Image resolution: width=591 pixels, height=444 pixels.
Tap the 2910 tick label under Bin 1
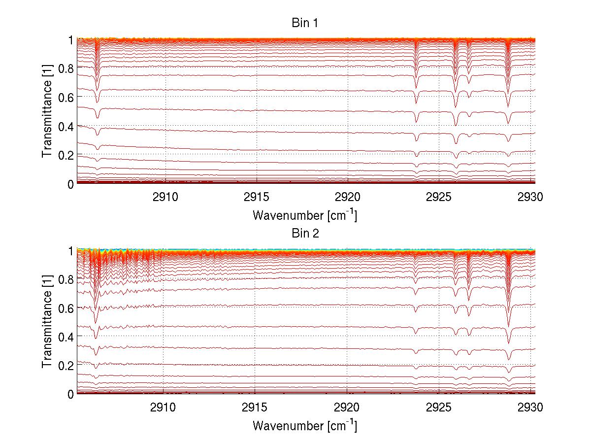click(x=165, y=197)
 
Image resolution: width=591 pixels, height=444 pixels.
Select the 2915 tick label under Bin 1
click(x=256, y=197)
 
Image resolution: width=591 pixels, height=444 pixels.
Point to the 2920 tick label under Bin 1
click(x=348, y=197)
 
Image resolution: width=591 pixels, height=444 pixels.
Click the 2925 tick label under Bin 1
click(x=439, y=197)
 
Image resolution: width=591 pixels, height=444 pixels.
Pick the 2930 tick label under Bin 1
click(x=530, y=197)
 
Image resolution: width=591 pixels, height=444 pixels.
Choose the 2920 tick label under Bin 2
click(x=347, y=408)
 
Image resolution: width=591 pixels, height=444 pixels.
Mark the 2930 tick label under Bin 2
click(x=530, y=408)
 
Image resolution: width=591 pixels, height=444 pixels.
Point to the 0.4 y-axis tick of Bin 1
click(x=66, y=126)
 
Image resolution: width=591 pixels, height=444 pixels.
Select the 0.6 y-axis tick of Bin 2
click(x=66, y=307)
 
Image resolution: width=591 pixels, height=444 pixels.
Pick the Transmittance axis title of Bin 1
click(x=47, y=111)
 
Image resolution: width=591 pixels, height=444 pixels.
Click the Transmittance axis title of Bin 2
click(x=47, y=322)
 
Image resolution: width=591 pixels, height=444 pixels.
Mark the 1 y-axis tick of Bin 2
click(x=71, y=250)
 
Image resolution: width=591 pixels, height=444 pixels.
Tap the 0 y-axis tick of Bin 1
click(x=70, y=184)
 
